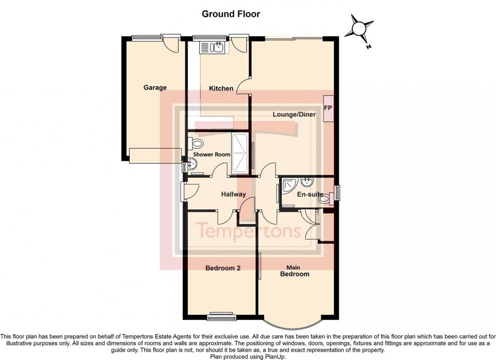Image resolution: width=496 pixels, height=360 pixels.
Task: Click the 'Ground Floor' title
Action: (231, 14)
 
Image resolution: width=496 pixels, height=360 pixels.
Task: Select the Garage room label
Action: (155, 87)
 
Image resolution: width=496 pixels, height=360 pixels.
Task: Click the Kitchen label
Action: (221, 88)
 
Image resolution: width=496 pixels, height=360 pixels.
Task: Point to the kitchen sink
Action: (218, 48)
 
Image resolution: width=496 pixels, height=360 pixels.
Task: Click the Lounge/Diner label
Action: (294, 115)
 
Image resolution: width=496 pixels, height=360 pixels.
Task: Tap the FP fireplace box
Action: (328, 109)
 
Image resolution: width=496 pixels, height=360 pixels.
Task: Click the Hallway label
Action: (233, 194)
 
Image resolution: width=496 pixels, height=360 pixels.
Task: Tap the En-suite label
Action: (310, 194)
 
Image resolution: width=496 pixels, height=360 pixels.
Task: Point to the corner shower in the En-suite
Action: (290, 187)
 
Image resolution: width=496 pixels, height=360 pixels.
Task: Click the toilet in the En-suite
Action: (325, 200)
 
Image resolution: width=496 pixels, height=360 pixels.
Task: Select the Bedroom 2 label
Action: (223, 268)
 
